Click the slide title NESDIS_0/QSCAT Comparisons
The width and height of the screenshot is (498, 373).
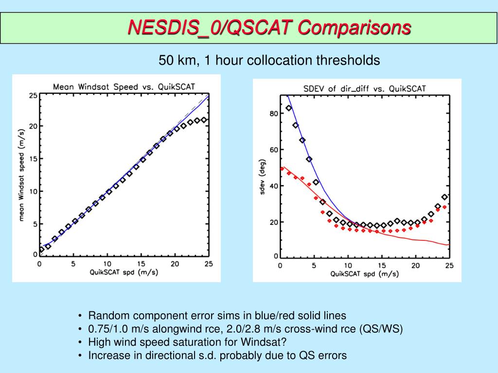pyautogui.click(x=269, y=28)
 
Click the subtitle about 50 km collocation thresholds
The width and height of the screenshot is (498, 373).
pyautogui.click(x=269, y=61)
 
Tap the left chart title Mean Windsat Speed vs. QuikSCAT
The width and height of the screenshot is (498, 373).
pyautogui.click(x=124, y=87)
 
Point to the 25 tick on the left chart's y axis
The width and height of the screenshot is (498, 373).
pyautogui.click(x=33, y=96)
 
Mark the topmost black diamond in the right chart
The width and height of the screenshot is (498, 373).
pyautogui.click(x=288, y=108)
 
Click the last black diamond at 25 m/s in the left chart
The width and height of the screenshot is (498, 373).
pyautogui.click(x=204, y=120)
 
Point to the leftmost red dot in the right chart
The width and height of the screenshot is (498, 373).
pyautogui.click(x=282, y=169)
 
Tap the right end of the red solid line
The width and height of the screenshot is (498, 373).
pyautogui.click(x=449, y=245)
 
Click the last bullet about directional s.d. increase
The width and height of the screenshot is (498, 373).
pyautogui.click(x=217, y=355)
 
